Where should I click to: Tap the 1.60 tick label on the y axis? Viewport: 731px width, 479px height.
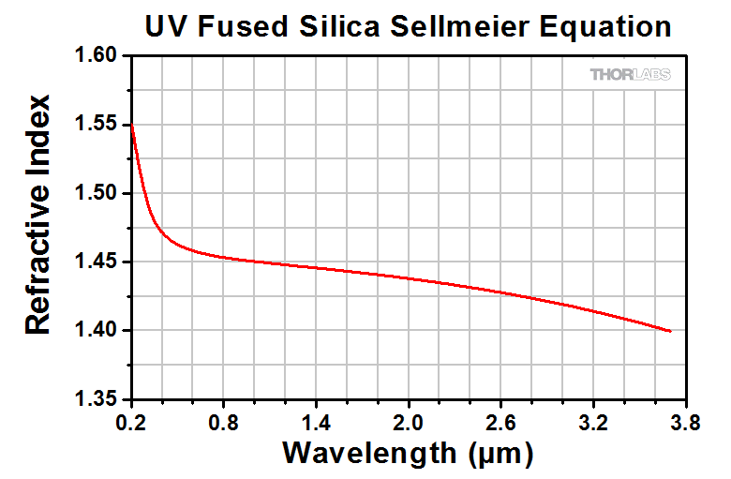[x=97, y=57]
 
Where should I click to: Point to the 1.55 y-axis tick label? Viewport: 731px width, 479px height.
[x=97, y=126]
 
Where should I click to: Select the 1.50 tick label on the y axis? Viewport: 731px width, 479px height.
[x=97, y=194]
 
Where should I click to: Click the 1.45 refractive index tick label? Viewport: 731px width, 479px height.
[x=97, y=262]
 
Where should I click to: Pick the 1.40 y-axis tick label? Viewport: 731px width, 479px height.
[x=97, y=331]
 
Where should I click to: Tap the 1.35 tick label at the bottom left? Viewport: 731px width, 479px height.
[x=97, y=399]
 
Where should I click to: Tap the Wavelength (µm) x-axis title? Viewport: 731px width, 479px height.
[x=408, y=455]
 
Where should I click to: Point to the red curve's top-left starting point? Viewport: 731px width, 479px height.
[x=132, y=126]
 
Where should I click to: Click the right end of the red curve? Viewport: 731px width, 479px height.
[x=670, y=331]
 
